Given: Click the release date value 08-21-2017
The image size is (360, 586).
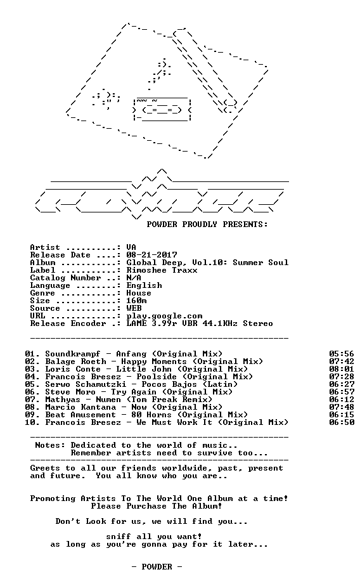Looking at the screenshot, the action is point(151,255).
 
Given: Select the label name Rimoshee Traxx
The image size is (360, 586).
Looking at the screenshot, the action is point(162,270).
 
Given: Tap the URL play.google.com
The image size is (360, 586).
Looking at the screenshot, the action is point(164,316).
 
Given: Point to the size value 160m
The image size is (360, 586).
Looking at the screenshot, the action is point(136,301).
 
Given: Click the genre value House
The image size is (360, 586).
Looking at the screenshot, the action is point(139,293).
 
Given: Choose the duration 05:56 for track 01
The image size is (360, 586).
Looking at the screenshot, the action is point(342,354).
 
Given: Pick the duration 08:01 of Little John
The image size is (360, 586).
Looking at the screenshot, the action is point(342,369).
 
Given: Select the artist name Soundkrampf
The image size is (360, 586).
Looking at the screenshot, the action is point(73,354).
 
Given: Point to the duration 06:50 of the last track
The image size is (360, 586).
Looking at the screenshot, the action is point(342,422).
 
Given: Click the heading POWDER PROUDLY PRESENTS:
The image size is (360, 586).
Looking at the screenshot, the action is point(207,225).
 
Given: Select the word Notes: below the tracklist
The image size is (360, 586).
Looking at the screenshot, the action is point(50,445).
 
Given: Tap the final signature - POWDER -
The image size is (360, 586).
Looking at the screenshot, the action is point(157,567).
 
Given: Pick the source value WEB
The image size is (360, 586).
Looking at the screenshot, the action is point(134,308).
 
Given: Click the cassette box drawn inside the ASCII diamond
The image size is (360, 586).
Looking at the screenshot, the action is point(162,109).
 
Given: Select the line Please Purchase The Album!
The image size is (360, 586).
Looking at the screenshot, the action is point(157,506).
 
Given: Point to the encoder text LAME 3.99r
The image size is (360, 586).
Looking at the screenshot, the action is point(151,323).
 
